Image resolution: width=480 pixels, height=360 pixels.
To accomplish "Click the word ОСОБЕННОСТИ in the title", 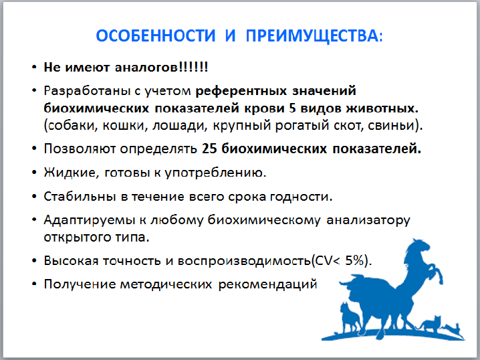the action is pos(156,35).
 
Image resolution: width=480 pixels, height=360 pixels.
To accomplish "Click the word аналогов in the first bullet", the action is pos(146,67).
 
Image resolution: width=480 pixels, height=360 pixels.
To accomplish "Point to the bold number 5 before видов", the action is pos(292,108).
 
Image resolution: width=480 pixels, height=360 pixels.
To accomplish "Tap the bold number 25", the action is pos(209,149).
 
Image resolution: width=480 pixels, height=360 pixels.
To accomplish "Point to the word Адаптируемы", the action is pos(90,221).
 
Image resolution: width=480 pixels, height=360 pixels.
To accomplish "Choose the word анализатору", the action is pos(368,221).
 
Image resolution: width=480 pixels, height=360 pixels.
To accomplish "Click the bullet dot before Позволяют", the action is pos(34,149).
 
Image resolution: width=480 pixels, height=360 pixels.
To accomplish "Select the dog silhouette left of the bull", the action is pos(350,319).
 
